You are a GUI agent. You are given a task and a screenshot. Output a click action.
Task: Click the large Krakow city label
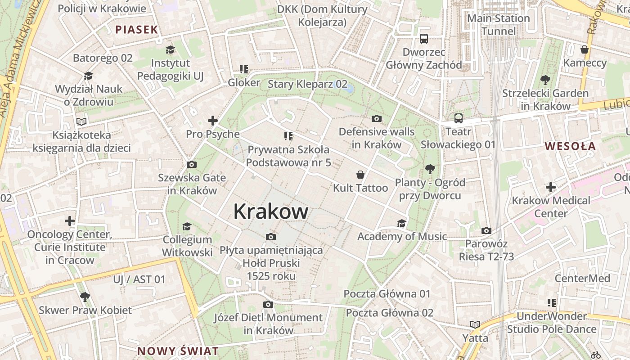click(x=271, y=211)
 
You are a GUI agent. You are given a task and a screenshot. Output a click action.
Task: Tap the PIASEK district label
click(x=137, y=30)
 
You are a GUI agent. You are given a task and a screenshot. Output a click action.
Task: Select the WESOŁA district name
click(x=570, y=146)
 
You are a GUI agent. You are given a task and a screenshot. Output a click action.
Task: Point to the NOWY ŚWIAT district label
click(x=178, y=351)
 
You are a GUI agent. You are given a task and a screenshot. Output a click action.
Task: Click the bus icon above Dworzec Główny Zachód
click(x=423, y=39)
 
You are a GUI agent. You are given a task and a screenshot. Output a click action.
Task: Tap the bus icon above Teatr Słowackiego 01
click(x=458, y=118)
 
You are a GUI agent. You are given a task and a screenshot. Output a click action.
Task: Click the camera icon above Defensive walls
click(x=377, y=118)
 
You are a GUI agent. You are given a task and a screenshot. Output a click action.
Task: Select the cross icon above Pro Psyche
click(x=213, y=121)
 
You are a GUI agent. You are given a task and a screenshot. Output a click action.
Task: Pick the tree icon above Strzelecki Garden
click(x=545, y=80)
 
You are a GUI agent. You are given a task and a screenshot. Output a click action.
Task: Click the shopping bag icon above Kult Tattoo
click(x=360, y=175)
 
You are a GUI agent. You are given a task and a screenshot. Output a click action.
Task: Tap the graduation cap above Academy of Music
click(x=401, y=223)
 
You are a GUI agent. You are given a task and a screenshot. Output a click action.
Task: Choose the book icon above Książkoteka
click(x=81, y=121)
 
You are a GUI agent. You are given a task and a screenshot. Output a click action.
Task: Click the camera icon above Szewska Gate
click(x=192, y=164)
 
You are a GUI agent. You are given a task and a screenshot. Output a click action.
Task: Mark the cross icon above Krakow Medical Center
click(x=551, y=187)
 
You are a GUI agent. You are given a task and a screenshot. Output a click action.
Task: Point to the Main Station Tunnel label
click(x=499, y=25)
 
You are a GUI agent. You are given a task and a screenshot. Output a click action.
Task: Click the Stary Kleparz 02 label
click(x=308, y=84)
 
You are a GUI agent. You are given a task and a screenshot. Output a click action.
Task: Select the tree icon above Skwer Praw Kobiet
click(x=85, y=297)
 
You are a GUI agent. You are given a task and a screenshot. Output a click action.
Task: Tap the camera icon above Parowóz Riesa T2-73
click(x=486, y=230)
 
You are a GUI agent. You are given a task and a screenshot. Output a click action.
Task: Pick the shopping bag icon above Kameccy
click(x=585, y=49)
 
